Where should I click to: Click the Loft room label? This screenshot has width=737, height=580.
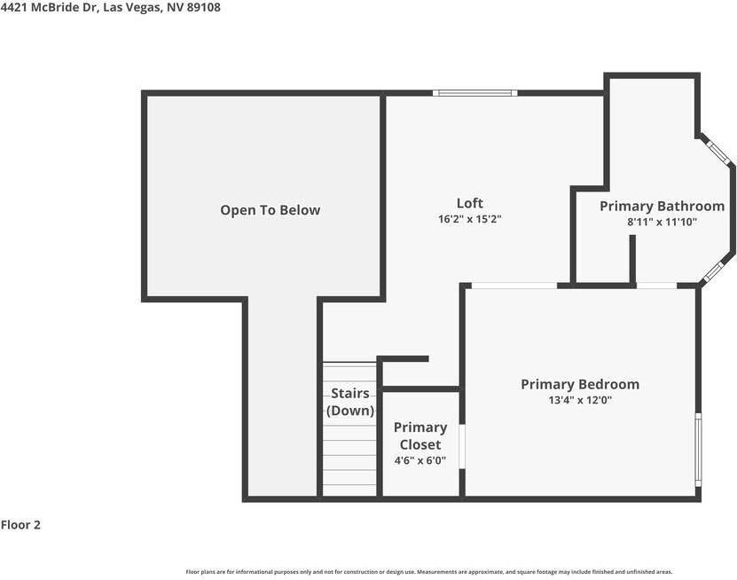469,203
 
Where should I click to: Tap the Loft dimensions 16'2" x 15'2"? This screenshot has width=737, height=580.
470,219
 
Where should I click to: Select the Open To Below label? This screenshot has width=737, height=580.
270,210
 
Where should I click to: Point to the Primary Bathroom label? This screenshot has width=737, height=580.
662,206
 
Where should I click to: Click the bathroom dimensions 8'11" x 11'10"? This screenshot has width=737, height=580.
662,222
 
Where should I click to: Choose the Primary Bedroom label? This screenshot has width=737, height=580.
580,384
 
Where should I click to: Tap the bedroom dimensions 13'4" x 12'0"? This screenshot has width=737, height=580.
580,400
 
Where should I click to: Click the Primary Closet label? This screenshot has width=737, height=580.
420,435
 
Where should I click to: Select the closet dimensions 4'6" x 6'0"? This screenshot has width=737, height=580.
420,460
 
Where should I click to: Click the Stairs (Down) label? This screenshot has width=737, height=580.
350,402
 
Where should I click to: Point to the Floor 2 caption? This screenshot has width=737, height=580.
20,524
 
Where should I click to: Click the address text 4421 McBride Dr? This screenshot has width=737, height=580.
49,7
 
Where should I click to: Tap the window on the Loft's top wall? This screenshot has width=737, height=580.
474,93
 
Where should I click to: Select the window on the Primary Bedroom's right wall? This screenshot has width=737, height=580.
698,450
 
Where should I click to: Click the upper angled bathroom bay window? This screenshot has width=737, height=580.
717,151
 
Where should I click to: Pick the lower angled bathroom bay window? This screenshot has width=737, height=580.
713,271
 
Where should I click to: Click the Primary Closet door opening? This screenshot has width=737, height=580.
462,446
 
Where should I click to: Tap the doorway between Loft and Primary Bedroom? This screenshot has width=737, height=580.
514,286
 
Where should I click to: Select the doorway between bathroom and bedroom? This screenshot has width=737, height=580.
656,286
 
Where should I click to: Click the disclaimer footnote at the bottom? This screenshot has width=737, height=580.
428,572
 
